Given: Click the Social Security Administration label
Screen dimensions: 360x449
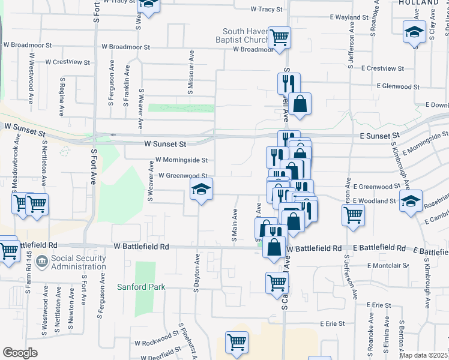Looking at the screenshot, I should [x=78, y=262].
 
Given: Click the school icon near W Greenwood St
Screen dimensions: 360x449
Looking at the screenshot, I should [x=202, y=191].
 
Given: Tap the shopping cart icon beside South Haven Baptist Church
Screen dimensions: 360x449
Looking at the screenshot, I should [x=280, y=37].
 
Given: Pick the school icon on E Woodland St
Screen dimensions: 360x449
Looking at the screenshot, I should [x=411, y=201].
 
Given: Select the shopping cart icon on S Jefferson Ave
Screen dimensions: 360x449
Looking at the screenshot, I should [x=353, y=214].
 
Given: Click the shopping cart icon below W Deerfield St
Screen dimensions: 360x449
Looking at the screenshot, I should [x=237, y=343].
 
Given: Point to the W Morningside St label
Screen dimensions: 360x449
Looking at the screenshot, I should [x=181, y=160].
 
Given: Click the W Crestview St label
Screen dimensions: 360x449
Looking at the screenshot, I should [x=63, y=62].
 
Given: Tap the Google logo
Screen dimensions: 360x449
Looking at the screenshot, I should [x=20, y=352].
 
